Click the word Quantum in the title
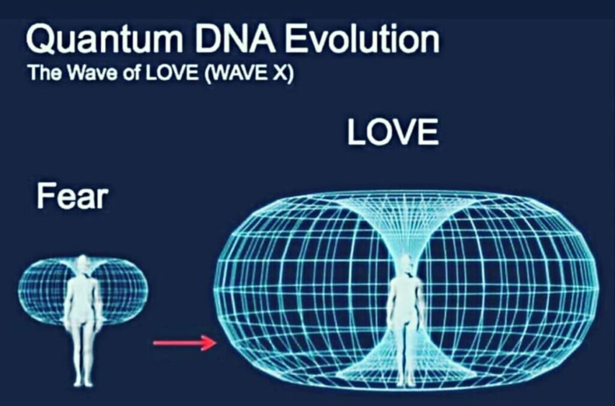click(x=104, y=39)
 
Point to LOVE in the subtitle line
click(x=172, y=73)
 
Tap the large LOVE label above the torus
click(x=393, y=132)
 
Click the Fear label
click(x=72, y=196)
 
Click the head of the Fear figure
click(x=82, y=265)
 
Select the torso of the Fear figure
click(x=83, y=297)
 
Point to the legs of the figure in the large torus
click(x=405, y=349)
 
